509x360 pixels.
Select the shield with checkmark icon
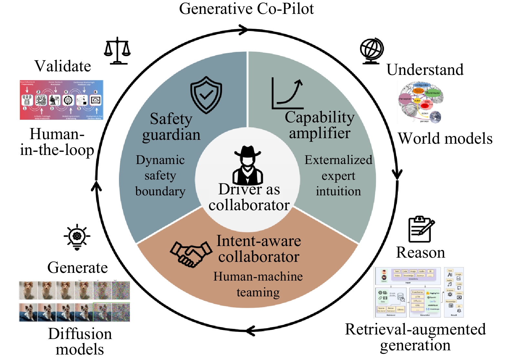pyautogui.click(x=206, y=95)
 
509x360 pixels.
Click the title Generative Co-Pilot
pyautogui.click(x=246, y=9)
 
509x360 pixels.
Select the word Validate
pyautogui.click(x=63, y=66)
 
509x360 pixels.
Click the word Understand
pyautogui.click(x=425, y=70)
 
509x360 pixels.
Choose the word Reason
pyautogui.click(x=420, y=252)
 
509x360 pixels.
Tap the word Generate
pyautogui.click(x=78, y=268)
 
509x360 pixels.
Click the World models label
pyautogui.click(x=445, y=139)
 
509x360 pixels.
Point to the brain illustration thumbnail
pyautogui.click(x=420, y=103)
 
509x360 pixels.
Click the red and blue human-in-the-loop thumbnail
pyautogui.click(x=61, y=100)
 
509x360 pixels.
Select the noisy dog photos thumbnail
pyautogui.click(x=74, y=301)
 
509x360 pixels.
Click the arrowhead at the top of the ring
pyautogui.click(x=243, y=30)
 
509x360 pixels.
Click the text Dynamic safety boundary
pyautogui.click(x=160, y=176)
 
